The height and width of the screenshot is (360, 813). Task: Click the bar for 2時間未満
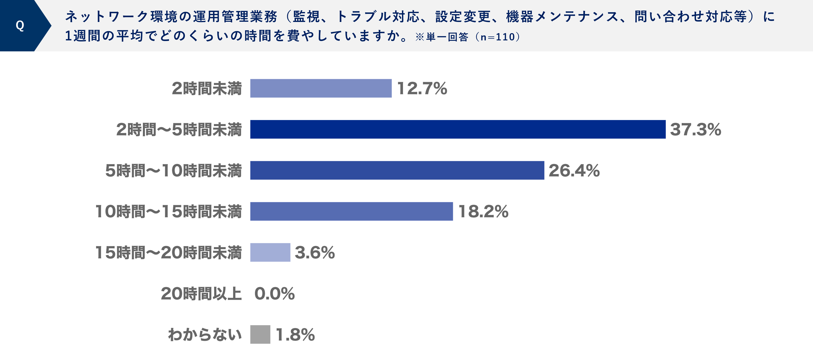(x=321, y=88)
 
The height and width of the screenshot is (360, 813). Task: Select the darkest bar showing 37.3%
(x=458, y=129)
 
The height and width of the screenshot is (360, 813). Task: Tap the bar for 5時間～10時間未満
(x=397, y=170)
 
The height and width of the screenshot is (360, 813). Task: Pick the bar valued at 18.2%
(x=351, y=211)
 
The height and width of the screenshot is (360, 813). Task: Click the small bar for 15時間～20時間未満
(x=270, y=253)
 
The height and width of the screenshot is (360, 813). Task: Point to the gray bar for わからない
(x=260, y=335)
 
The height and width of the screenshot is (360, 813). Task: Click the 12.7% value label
(x=422, y=88)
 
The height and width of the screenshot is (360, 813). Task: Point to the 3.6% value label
(x=315, y=253)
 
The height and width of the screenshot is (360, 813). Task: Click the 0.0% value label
(x=274, y=294)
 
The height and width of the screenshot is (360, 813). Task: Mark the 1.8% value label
(x=295, y=335)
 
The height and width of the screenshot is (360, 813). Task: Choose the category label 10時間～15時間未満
(x=169, y=211)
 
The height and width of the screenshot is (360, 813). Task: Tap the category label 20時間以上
(x=201, y=294)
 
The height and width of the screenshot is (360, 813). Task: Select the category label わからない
(x=205, y=335)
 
